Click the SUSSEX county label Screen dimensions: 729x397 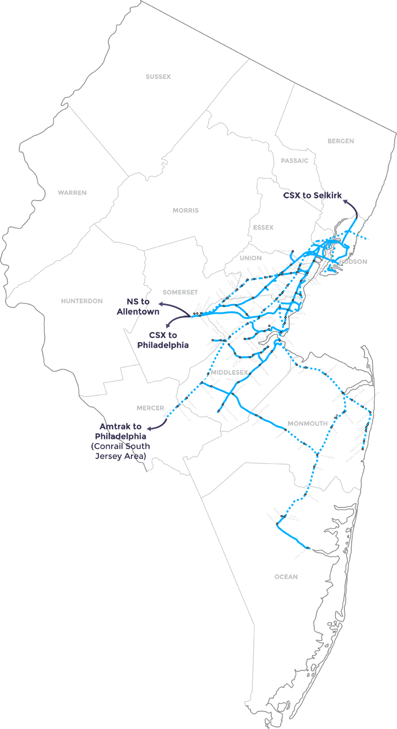coord(158,77)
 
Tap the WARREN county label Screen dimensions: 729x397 coord(72,192)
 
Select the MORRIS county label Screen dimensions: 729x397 coord(186,210)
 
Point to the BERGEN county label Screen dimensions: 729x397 coord(341,141)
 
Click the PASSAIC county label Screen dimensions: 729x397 coord(295,161)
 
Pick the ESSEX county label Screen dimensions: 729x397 coord(263,227)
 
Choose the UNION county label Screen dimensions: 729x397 coord(250,258)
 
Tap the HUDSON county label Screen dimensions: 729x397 coord(353,262)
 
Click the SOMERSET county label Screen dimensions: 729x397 coord(180,292)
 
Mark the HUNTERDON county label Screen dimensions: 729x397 coord(82,301)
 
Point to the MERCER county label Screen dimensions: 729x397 coord(150,408)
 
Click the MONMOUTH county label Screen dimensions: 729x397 coord(307,423)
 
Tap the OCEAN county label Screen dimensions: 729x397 coord(286,577)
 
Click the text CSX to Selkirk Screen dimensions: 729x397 coord(312,195)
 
